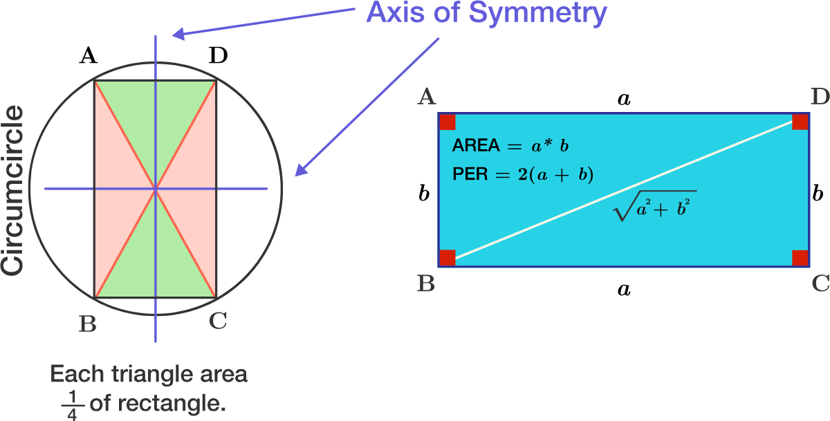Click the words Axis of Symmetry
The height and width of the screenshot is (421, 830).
(x=486, y=13)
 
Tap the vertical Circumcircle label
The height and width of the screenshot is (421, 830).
(x=14, y=190)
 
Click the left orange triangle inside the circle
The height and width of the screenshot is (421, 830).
(x=114, y=189)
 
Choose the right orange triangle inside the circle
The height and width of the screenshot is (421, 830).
(x=197, y=189)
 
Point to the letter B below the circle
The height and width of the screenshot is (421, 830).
(x=87, y=324)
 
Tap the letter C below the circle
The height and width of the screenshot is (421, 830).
(x=217, y=321)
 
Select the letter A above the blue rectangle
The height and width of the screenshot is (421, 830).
(x=426, y=97)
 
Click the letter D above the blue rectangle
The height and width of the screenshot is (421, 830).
(x=820, y=97)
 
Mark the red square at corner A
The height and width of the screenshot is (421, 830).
(x=447, y=122)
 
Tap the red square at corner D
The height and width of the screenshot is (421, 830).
(x=800, y=122)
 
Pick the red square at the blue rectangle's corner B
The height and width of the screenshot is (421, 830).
(x=447, y=257)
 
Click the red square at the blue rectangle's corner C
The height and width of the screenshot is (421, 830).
(x=800, y=257)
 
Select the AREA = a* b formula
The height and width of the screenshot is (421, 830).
(x=510, y=146)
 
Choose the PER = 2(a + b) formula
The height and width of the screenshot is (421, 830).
(x=523, y=175)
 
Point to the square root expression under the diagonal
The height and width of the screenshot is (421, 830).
(x=654, y=205)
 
